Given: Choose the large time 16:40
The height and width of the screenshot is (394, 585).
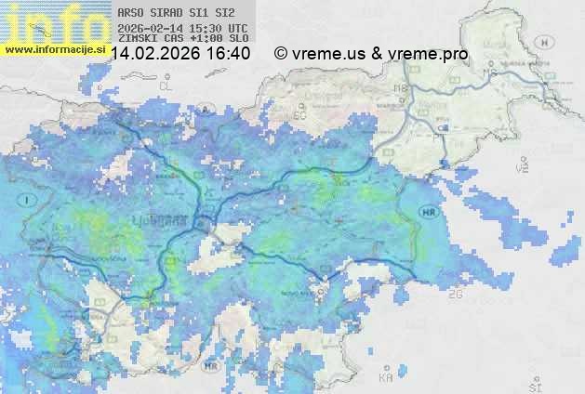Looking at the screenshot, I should (228, 54).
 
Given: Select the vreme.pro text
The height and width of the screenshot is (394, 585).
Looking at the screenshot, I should (428, 54).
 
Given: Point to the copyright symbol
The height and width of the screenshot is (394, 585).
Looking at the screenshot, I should (281, 54).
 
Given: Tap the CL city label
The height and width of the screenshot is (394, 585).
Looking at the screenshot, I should (166, 85).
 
